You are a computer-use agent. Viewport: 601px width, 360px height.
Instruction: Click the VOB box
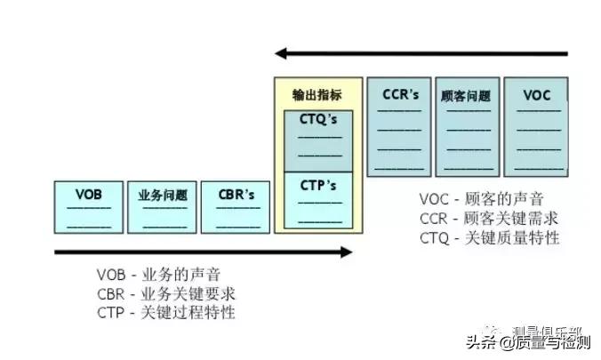(88, 207)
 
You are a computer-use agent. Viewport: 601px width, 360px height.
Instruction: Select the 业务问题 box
(162, 207)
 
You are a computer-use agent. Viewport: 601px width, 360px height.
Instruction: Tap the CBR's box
(236, 207)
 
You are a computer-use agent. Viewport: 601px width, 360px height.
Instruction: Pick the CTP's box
(318, 199)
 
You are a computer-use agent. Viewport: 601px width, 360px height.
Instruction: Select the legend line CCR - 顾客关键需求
(490, 218)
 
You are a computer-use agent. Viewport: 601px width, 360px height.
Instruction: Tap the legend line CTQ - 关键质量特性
(490, 237)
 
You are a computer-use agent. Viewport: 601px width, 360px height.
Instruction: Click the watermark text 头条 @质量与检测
(533, 341)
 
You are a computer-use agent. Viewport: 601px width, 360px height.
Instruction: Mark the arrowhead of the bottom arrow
(346, 252)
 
